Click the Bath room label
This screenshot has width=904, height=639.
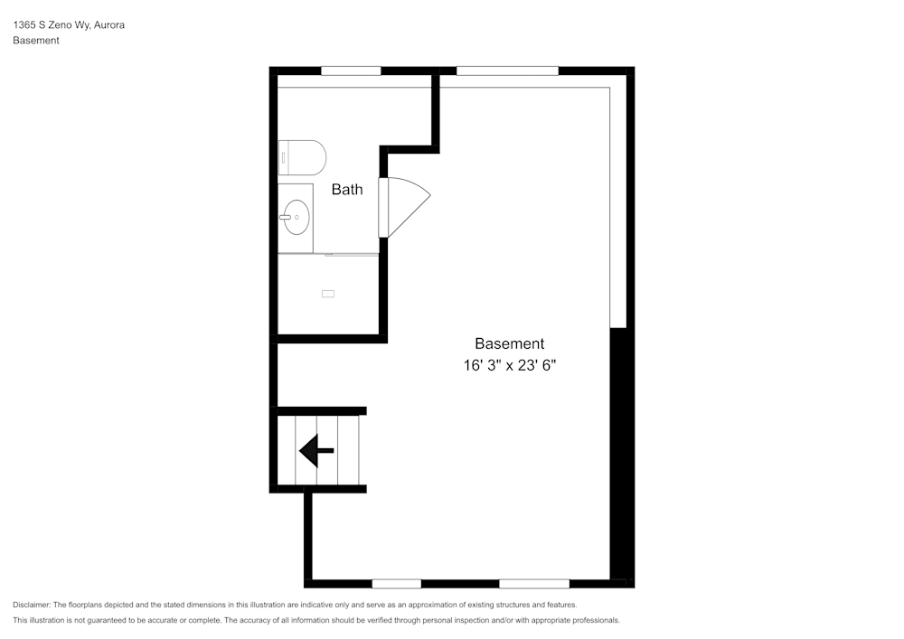tap(347, 190)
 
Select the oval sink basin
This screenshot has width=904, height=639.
tap(296, 217)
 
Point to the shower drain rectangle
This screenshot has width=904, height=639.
tap(327, 293)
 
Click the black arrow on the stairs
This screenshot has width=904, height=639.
tap(316, 449)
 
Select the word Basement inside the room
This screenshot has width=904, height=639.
tap(510, 343)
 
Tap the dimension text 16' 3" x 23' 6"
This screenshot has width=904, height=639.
tap(510, 366)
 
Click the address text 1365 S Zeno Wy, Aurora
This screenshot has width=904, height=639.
tap(69, 25)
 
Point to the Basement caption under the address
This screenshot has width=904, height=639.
tap(36, 41)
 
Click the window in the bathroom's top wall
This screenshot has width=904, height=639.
tap(351, 70)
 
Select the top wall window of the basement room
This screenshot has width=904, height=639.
tap(507, 70)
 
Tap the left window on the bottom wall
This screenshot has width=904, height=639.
tap(396, 583)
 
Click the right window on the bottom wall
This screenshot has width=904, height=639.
tap(534, 583)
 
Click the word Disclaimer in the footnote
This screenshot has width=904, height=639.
tap(32, 605)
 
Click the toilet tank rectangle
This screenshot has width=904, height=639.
tap(284, 157)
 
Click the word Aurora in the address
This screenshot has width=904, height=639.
tap(109, 25)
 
